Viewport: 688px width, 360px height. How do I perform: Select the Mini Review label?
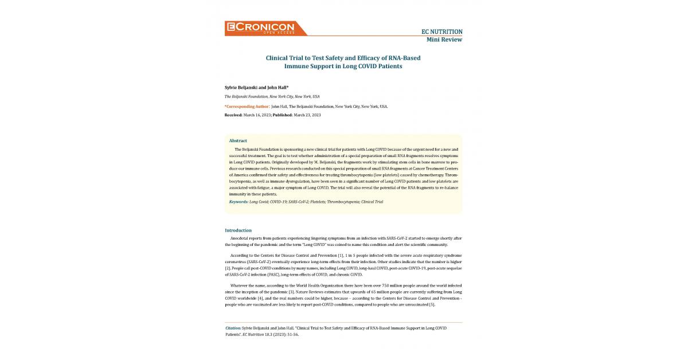(x=444, y=40)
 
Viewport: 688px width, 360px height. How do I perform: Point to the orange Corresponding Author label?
(x=247, y=106)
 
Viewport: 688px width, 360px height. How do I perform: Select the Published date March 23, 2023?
(x=307, y=115)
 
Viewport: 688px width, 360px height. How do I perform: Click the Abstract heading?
(x=238, y=140)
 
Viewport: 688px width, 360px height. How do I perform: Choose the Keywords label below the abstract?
(x=239, y=202)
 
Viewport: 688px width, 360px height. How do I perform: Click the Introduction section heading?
(x=238, y=230)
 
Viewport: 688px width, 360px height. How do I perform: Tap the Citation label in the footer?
(x=233, y=328)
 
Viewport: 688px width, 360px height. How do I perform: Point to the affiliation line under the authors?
(x=272, y=96)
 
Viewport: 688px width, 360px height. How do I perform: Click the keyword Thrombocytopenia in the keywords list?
(x=343, y=202)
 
